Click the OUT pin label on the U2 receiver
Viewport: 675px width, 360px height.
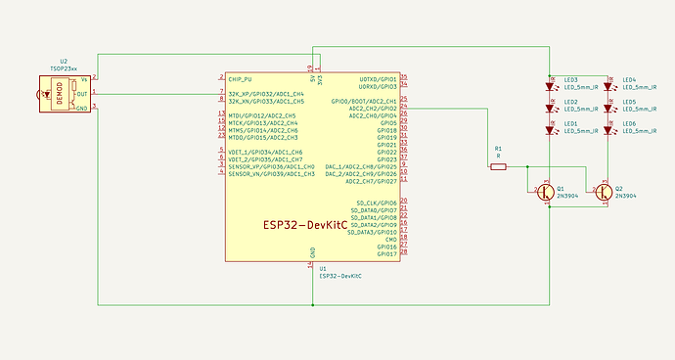82,93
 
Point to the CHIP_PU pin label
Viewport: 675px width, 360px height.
241,77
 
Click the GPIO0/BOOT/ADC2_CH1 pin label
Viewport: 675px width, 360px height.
364,101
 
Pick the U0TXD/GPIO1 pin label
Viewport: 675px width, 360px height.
378,77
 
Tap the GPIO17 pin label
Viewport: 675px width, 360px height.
384,255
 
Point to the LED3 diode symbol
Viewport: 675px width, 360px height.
549,85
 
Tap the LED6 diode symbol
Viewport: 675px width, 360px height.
607,129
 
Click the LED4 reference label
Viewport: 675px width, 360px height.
629,79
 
